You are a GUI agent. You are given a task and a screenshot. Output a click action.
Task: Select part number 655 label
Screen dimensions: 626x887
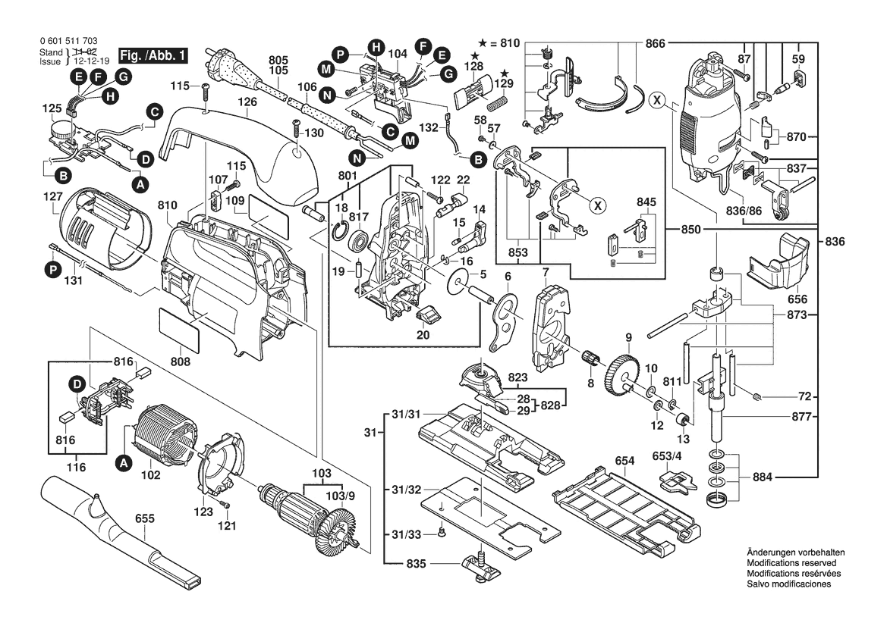point(145,518)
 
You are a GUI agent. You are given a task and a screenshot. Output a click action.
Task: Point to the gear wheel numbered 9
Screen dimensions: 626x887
point(621,371)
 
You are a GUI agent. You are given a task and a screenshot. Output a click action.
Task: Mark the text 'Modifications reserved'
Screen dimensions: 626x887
point(791,564)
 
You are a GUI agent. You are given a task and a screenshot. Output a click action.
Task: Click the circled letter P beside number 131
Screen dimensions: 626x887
point(53,268)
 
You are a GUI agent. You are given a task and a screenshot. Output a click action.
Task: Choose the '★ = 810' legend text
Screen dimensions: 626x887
point(499,43)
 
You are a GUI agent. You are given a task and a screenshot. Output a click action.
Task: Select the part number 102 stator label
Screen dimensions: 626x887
point(150,476)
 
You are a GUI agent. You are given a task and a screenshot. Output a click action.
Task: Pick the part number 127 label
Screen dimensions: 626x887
point(52,195)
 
